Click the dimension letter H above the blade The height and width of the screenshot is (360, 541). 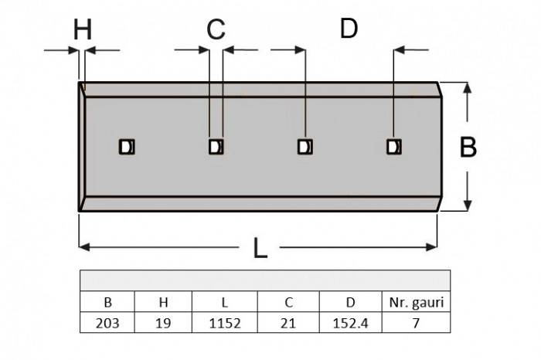[x=83, y=29]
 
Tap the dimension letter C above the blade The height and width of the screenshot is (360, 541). [x=216, y=29]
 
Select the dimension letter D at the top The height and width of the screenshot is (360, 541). [x=349, y=28]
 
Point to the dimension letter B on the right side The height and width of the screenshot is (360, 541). [x=468, y=147]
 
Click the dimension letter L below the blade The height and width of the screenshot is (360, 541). [x=260, y=248]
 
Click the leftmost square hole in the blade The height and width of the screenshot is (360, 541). [x=127, y=147]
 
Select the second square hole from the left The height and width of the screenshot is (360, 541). [x=216, y=147]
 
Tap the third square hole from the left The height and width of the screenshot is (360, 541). [x=305, y=147]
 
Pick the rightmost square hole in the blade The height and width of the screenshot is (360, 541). [x=393, y=147]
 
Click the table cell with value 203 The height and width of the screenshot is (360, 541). [x=107, y=323]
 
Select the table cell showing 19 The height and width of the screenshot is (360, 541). [x=163, y=323]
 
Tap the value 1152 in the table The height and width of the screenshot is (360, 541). [x=225, y=323]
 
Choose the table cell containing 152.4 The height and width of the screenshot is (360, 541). [x=351, y=323]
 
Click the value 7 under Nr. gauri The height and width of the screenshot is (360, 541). [x=416, y=323]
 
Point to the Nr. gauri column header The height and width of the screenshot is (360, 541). [x=416, y=302]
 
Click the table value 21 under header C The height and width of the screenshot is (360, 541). [x=288, y=323]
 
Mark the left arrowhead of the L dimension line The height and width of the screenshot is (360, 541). [x=84, y=247]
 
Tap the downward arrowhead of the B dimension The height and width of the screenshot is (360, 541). [x=467, y=205]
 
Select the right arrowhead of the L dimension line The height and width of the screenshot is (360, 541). [x=432, y=247]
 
